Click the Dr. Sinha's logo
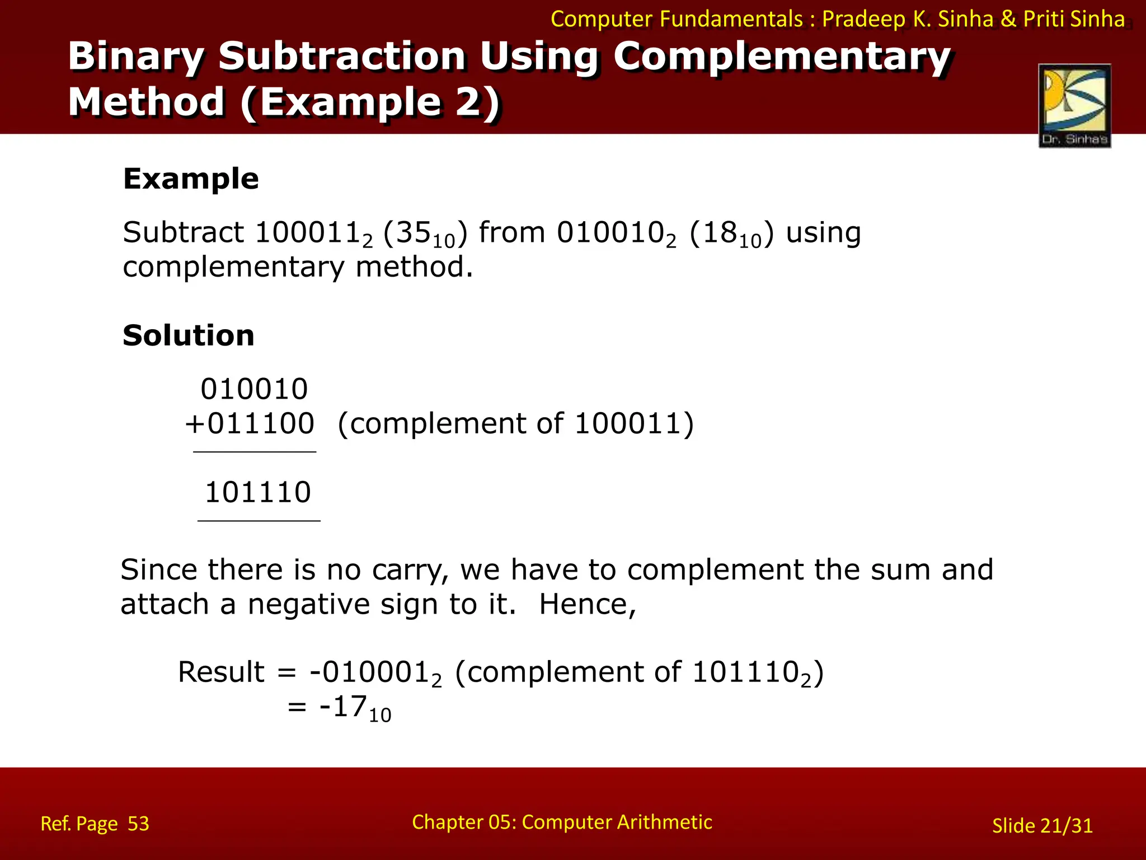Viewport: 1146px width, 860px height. pyautogui.click(x=1074, y=105)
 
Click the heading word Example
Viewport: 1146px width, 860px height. pyautogui.click(x=191, y=179)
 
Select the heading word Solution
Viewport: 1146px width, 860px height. pyautogui.click(x=189, y=335)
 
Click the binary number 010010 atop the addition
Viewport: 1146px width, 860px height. pyautogui.click(x=255, y=389)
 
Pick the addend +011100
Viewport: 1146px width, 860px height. pyautogui.click(x=250, y=423)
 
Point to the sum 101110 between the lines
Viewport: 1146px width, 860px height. pyautogui.click(x=258, y=493)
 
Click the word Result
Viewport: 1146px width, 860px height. pyautogui.click(x=221, y=672)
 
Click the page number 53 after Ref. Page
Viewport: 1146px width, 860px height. pyautogui.click(x=138, y=824)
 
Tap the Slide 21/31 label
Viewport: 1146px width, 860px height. pyautogui.click(x=1042, y=826)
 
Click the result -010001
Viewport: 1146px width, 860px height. pyautogui.click(x=372, y=672)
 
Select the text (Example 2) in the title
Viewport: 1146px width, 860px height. pyautogui.click(x=370, y=102)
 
